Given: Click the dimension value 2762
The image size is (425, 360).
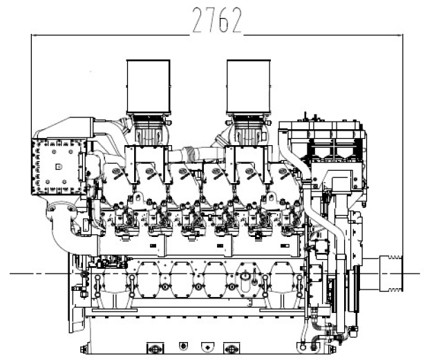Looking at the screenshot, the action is click(x=217, y=20).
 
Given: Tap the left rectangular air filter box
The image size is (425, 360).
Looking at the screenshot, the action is click(x=149, y=87).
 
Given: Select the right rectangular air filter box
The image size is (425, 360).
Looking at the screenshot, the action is click(x=249, y=87).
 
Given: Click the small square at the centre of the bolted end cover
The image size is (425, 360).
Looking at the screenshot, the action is click(x=59, y=167).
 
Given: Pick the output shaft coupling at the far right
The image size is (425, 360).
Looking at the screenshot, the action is click(x=391, y=273).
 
